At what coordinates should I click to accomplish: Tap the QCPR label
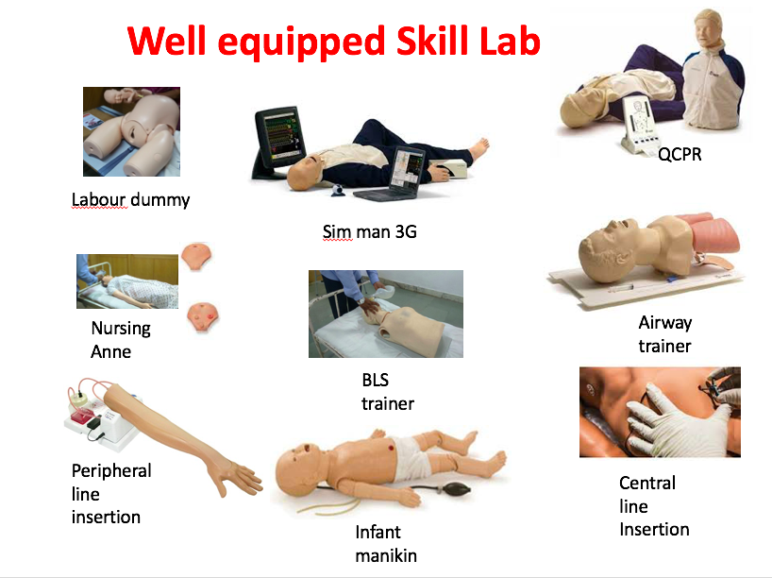click(x=680, y=154)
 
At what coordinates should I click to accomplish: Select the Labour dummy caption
click(x=130, y=200)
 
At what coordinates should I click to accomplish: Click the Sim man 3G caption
click(x=369, y=231)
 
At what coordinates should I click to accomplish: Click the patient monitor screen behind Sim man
click(x=279, y=134)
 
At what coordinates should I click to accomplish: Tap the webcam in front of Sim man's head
click(x=338, y=190)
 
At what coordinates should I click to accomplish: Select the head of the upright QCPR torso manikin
click(x=708, y=28)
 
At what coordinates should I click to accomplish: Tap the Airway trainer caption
click(x=664, y=334)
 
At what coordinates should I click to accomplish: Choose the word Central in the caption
click(x=647, y=483)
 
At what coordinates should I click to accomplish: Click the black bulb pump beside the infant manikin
click(x=457, y=489)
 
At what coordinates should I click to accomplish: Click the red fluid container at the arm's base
click(x=82, y=416)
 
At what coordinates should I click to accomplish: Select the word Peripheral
click(x=111, y=470)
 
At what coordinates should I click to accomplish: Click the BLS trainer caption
click(x=388, y=392)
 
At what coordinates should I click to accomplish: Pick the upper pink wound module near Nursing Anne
click(x=196, y=256)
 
